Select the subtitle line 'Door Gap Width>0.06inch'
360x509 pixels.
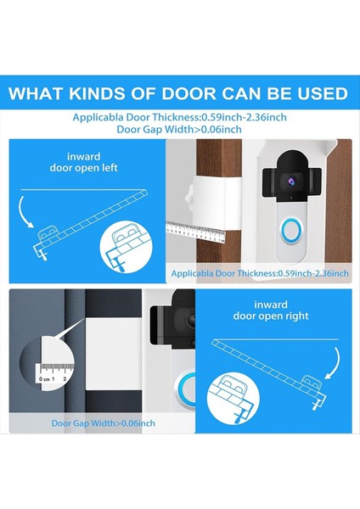(180, 130)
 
